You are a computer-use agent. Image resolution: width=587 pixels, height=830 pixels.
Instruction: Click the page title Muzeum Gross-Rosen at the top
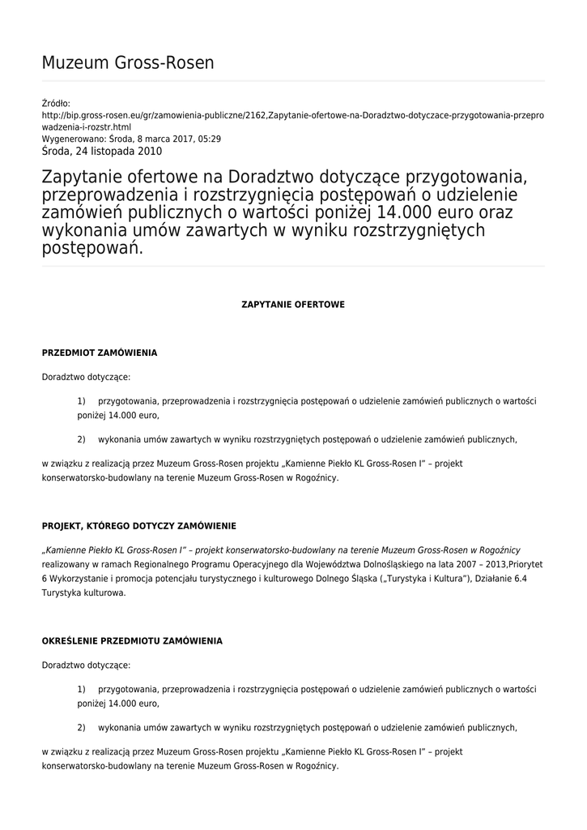[x=128, y=63]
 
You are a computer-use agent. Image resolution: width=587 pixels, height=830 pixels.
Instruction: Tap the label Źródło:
[x=56, y=104]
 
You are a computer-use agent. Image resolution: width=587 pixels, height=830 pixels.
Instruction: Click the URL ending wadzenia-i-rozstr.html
[x=86, y=127]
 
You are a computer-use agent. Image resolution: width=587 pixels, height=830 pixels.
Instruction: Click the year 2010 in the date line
[x=149, y=151]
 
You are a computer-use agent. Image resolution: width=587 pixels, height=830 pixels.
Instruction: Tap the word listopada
[x=110, y=151]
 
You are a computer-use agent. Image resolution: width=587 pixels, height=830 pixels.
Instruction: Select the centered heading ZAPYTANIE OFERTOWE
[x=293, y=305]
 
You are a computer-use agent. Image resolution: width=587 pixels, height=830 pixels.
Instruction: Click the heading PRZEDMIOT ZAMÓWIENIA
[x=99, y=353]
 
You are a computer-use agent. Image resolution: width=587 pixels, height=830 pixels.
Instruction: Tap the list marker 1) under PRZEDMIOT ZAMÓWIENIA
[x=81, y=401]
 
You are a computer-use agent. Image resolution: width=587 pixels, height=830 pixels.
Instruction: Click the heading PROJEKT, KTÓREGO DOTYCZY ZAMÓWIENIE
[x=138, y=526]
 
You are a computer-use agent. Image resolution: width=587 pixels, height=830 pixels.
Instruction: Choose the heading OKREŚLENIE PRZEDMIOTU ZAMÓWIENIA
[x=131, y=640]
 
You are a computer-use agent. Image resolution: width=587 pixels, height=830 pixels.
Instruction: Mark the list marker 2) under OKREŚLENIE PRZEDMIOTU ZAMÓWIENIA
[x=81, y=727]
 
